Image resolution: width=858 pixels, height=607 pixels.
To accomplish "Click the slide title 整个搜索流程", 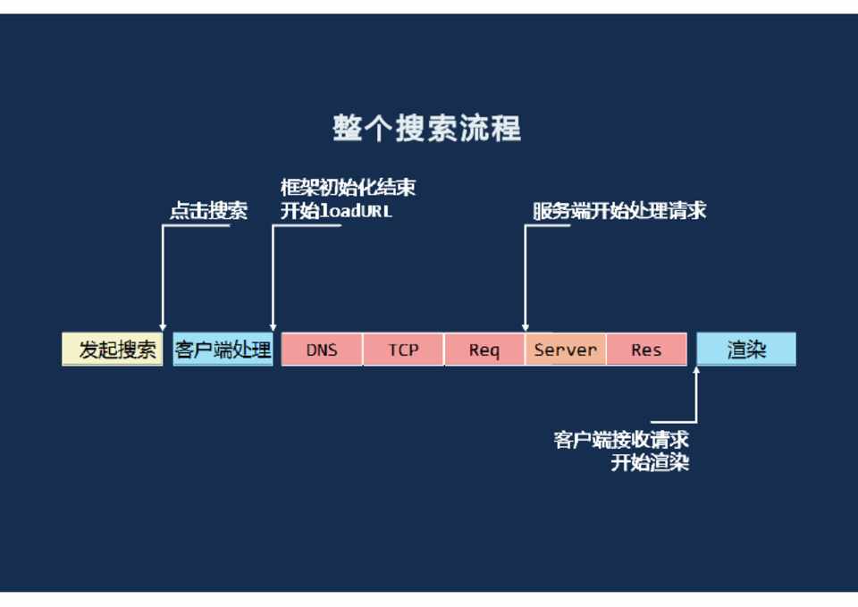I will [x=426, y=129].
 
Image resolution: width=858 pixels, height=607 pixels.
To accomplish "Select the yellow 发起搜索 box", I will [x=114, y=350].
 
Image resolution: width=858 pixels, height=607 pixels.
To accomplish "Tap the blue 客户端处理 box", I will [x=223, y=350].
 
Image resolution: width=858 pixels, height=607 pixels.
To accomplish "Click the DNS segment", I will [x=322, y=350].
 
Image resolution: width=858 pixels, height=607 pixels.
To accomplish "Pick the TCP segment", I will [x=403, y=350].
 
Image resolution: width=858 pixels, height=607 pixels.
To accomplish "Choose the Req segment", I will [x=484, y=350].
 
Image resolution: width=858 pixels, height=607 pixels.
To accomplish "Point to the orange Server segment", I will [x=565, y=350].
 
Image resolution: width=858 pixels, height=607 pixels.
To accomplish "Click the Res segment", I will [x=646, y=350].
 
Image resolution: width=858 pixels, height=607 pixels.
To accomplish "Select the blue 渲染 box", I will [x=746, y=350].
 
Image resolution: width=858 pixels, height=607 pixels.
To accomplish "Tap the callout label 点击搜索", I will [x=208, y=212].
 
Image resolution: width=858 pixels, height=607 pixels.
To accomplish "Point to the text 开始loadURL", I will [x=336, y=212].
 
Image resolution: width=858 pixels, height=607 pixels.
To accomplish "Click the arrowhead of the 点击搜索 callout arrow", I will [x=162, y=327].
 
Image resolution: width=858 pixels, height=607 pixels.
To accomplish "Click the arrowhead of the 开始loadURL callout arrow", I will [x=273, y=327].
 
